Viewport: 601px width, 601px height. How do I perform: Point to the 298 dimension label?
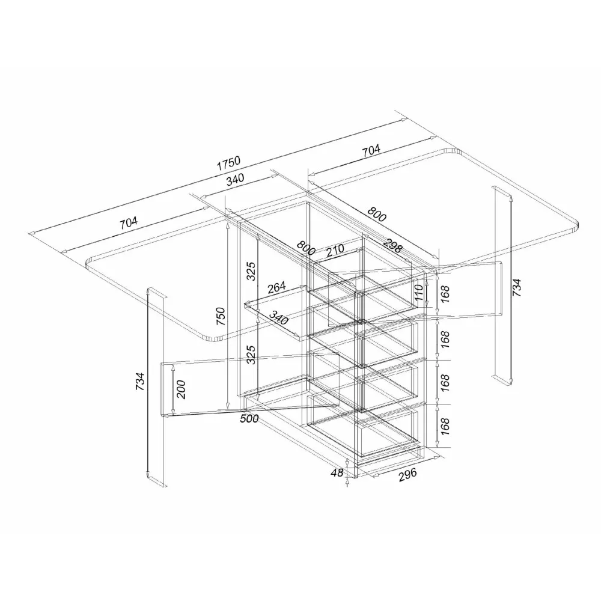click(x=392, y=246)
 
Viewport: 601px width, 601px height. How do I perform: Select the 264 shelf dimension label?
click(x=276, y=287)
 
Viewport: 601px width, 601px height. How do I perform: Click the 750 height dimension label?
click(x=221, y=316)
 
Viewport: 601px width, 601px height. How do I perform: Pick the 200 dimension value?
click(x=181, y=389)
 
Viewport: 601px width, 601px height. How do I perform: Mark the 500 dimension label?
click(x=249, y=418)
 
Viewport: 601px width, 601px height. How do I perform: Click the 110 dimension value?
click(x=419, y=292)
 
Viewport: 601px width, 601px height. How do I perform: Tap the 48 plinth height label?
click(x=337, y=472)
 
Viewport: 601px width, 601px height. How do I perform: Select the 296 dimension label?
click(x=407, y=475)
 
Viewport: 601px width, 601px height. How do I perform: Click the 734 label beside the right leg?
click(x=517, y=287)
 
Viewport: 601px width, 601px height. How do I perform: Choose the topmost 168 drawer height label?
click(x=445, y=294)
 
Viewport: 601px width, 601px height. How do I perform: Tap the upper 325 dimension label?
click(x=251, y=271)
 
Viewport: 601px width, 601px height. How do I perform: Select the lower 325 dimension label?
click(x=251, y=355)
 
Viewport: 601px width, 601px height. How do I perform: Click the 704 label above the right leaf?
click(x=371, y=150)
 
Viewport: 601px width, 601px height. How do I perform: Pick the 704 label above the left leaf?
click(x=129, y=223)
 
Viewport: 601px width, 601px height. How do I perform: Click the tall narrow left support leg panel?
click(x=157, y=386)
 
